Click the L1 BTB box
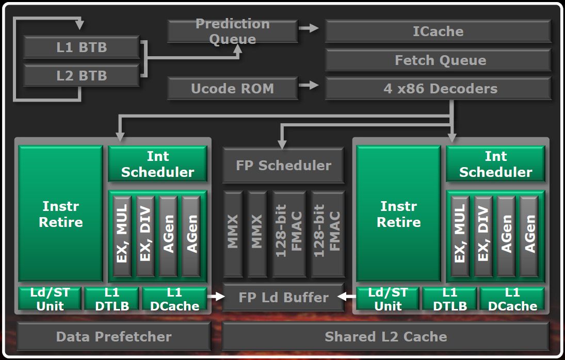pos(81,47)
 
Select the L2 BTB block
pos(81,75)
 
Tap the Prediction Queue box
pos(232,31)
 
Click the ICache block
pos(438,31)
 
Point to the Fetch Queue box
pos(438,60)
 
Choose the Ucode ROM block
pos(232,88)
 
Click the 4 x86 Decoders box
pos(438,88)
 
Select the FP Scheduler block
pos(283,166)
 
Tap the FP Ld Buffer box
pos(283,298)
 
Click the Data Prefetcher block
pos(114,337)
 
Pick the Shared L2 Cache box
pos(385,337)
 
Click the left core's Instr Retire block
pos(61,214)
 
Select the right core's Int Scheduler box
pos(495,164)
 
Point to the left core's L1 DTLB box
pos(111,299)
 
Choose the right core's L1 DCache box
pos(512,299)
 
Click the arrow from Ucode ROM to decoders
pos(310,85)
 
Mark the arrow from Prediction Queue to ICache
pos(310,28)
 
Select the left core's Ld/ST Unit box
pos(50,299)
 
